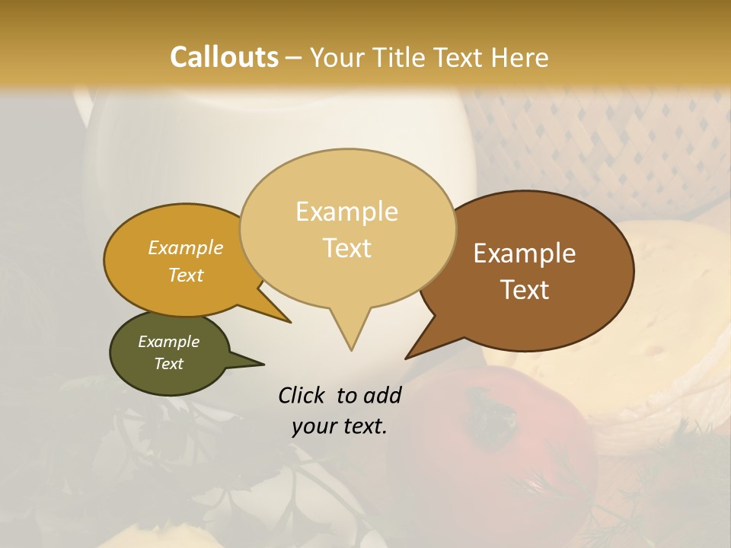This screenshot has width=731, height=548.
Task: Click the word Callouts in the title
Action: (x=224, y=57)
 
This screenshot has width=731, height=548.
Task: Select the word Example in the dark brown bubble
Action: (x=525, y=253)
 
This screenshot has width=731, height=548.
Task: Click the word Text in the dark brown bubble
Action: (x=525, y=290)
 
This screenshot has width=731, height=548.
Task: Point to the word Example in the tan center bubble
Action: (x=346, y=212)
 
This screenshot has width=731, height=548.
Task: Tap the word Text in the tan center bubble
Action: (x=346, y=248)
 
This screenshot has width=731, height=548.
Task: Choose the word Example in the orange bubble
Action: (x=186, y=247)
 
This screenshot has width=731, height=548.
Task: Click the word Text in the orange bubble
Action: (x=186, y=275)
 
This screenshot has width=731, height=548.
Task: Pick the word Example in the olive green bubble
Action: (x=168, y=342)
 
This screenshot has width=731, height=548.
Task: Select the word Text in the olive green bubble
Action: (x=168, y=364)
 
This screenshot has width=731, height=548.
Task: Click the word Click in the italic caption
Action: (x=303, y=395)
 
